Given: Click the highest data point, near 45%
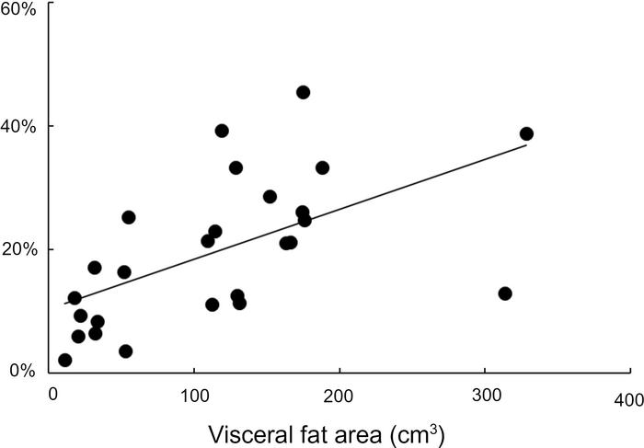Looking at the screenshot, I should point(303,92).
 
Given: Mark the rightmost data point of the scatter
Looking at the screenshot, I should point(526,133).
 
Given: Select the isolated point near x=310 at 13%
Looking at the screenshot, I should point(504,293).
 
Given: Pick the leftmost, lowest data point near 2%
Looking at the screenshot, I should point(64,360).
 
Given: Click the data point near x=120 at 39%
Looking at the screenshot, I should point(222,131).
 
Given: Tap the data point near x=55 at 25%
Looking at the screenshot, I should point(129,217).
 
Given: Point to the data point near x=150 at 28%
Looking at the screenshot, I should point(270,196).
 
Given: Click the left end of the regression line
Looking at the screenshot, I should point(63,303).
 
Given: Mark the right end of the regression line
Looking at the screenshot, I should point(526,144).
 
